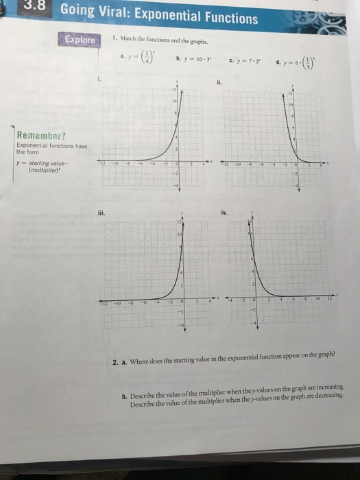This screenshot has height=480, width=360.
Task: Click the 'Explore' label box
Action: [x=80, y=40]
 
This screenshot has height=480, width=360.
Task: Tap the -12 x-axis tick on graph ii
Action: [x=225, y=165]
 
